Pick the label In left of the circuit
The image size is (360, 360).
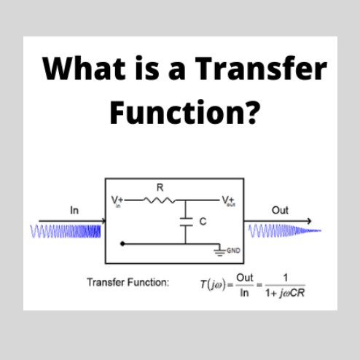[x=74, y=211]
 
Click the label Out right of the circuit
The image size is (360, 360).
[x=279, y=211]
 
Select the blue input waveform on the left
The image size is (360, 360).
[x=66, y=233]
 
